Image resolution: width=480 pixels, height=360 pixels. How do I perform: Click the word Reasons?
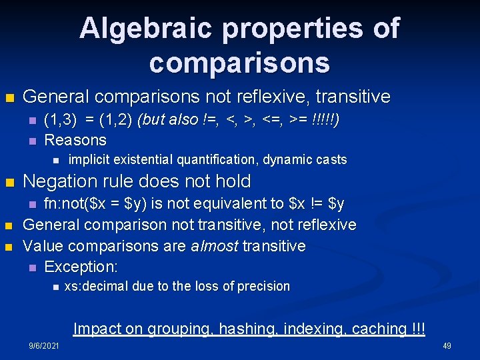click(75, 140)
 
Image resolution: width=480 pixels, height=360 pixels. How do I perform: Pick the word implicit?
click(89, 160)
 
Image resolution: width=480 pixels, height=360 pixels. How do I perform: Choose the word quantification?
click(221, 160)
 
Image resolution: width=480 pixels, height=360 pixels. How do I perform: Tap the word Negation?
click(61, 181)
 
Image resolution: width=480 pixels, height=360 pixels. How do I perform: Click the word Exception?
click(81, 267)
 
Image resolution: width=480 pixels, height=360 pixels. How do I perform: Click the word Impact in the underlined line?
click(97, 329)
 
